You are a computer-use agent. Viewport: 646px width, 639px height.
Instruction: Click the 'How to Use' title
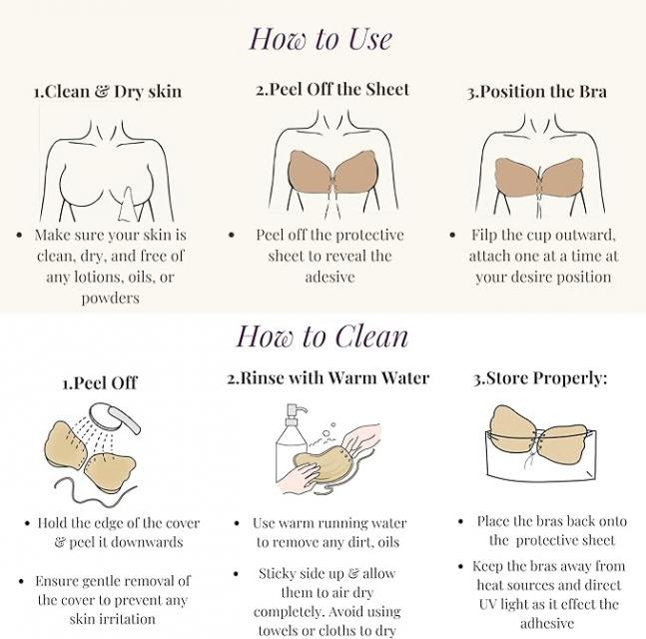(321, 39)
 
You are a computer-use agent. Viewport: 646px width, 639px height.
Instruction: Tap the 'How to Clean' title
(323, 336)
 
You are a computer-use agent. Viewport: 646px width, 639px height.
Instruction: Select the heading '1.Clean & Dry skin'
(108, 92)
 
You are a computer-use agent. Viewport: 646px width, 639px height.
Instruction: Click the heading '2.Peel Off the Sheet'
(332, 90)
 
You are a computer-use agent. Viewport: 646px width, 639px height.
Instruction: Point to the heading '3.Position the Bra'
(537, 92)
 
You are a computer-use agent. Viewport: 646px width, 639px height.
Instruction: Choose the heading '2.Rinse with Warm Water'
(328, 377)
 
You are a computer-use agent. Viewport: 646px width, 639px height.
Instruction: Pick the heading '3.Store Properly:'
(540, 378)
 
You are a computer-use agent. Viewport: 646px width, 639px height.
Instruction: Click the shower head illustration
(115, 417)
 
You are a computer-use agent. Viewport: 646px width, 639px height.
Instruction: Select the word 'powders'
(111, 298)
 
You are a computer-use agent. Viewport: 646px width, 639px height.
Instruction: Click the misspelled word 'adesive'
(330, 277)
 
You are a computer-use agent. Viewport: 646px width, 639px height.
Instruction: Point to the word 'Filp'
(484, 235)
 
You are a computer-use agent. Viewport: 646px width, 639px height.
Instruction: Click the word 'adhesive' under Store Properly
(547, 623)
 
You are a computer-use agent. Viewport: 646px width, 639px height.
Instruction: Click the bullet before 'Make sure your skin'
(19, 236)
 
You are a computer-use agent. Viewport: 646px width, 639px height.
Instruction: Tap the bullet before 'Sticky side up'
(236, 574)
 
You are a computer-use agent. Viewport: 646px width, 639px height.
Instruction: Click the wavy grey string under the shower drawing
(96, 491)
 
